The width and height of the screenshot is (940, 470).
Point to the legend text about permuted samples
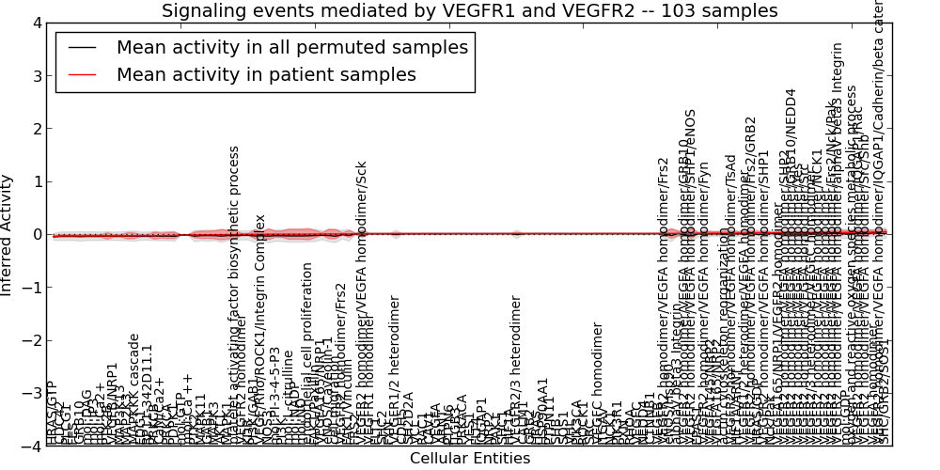[291, 48]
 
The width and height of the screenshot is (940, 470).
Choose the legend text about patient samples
[266, 75]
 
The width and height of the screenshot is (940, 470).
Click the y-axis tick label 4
[37, 23]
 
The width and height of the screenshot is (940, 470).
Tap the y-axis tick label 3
[37, 75]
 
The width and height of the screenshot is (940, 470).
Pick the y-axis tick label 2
[37, 129]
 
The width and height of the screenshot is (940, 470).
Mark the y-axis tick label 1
[37, 181]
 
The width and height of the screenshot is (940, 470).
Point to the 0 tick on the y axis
[37, 234]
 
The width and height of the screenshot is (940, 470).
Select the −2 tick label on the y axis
[32, 340]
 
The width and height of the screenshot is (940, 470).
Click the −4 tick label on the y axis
[32, 446]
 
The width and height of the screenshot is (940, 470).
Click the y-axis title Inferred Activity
[8, 235]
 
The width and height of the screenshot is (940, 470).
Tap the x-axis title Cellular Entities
[469, 459]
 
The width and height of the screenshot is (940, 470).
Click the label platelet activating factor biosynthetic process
[235, 291]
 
